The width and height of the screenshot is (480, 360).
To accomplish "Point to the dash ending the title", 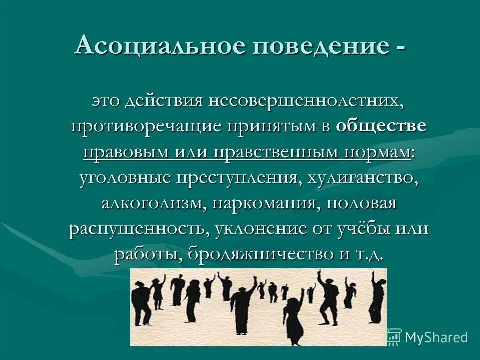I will tap(400, 48).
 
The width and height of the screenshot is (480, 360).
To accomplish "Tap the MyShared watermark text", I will tap(436, 337).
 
